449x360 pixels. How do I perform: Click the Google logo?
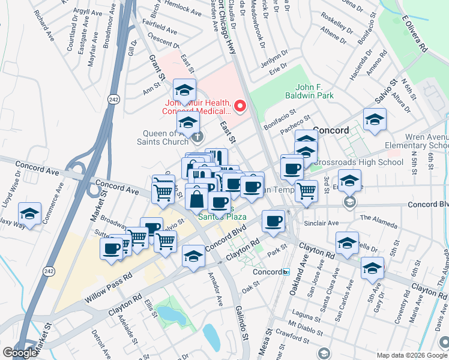pyautogui.click(x=19, y=353)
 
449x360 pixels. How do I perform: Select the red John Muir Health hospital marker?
pyautogui.click(x=240, y=107)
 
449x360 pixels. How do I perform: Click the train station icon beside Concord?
pyautogui.click(x=286, y=272)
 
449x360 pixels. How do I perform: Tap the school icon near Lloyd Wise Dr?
pyautogui.click(x=29, y=213)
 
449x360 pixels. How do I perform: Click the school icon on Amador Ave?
pyautogui.click(x=193, y=256)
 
